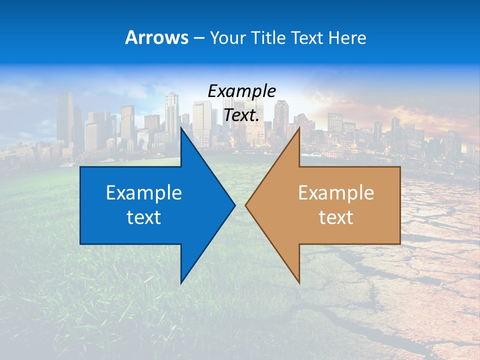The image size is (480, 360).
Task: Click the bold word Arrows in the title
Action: point(156,37)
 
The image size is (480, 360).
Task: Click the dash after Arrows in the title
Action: point(198,38)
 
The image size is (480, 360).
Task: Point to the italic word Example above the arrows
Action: point(241,91)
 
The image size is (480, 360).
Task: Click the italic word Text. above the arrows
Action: point(241,115)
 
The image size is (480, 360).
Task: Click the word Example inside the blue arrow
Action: point(144,193)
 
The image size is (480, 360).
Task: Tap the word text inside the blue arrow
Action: point(144,217)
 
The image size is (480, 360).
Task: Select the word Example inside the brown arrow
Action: point(336,193)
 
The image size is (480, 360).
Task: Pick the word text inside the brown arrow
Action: point(336,217)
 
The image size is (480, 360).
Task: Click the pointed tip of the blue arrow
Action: point(234,205)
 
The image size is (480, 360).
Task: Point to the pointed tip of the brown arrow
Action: point(246,205)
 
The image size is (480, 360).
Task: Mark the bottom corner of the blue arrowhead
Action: point(181,282)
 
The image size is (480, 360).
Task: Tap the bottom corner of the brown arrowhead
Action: point(299,282)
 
